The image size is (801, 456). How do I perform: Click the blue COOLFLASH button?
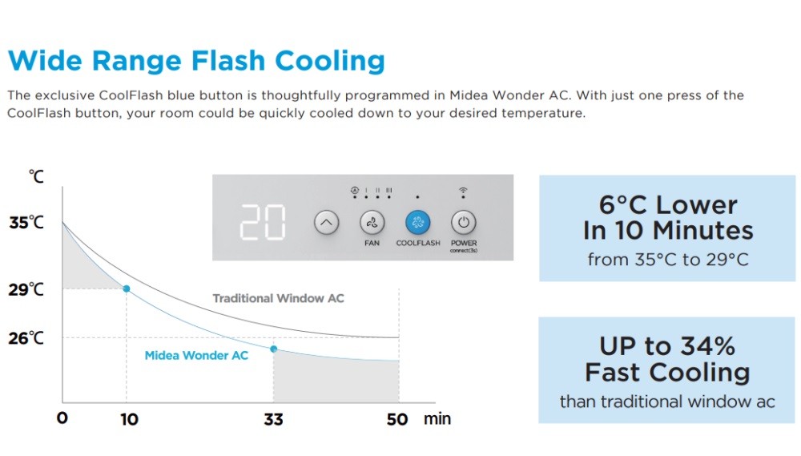418,222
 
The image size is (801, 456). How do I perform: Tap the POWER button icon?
463,222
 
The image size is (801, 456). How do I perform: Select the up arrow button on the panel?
327,222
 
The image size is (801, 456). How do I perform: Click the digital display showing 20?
263,222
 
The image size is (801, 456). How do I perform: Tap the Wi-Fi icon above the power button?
463,192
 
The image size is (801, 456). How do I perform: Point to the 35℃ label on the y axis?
26,223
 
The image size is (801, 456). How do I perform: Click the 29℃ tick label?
26,290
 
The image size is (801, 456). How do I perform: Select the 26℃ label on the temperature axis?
26,338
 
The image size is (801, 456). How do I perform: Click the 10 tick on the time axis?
129,420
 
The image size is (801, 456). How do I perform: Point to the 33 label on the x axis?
273,420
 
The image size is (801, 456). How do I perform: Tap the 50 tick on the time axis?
397,420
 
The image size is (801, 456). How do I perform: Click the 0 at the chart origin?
62,418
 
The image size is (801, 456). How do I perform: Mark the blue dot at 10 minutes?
127,289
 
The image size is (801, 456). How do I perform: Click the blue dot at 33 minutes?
274,349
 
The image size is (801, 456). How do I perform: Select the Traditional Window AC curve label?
279,298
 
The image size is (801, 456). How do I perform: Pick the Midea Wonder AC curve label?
196,355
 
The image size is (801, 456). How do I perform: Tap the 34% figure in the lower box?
708,346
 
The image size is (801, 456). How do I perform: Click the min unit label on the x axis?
437,419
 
